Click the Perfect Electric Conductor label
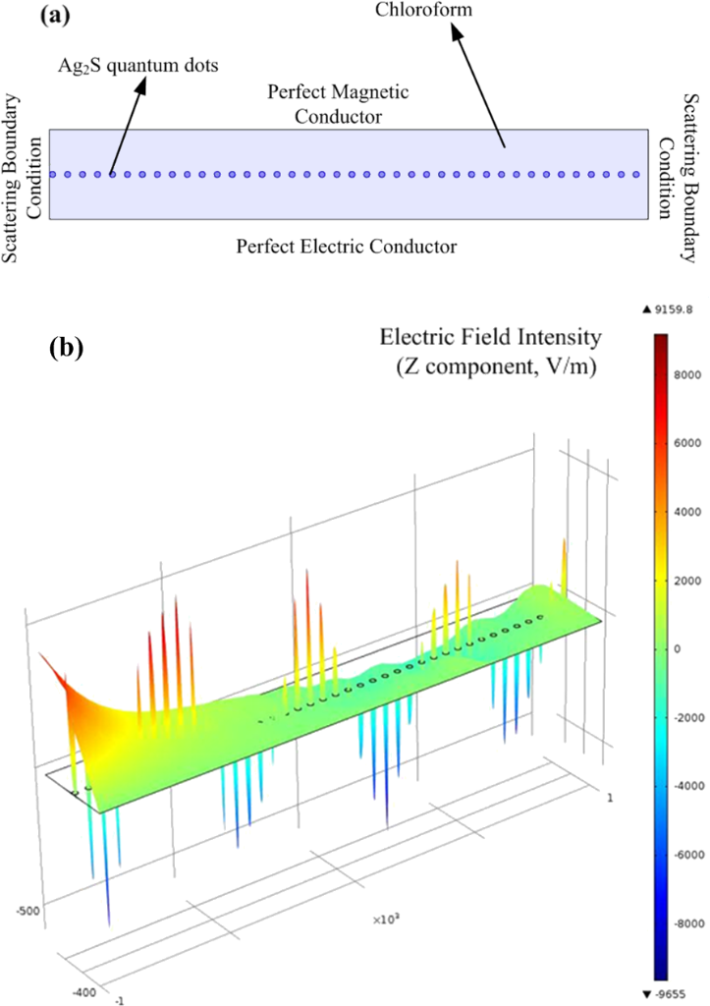tap(347, 245)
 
